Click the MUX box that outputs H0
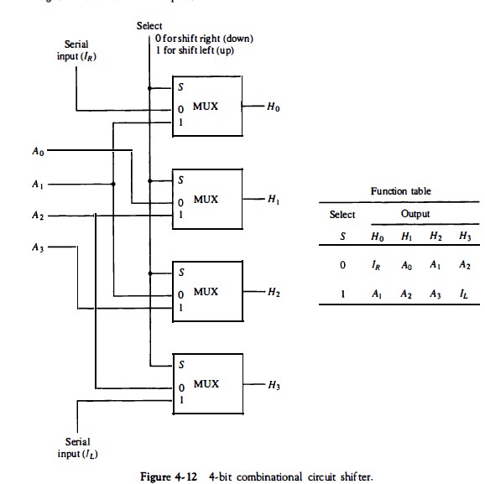point(206,107)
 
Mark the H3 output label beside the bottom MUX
point(274,385)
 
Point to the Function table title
point(400,191)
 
